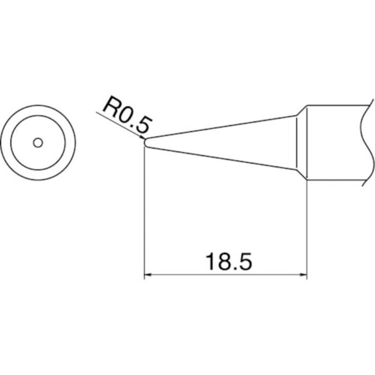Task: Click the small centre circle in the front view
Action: (37, 142)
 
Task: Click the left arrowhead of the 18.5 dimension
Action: (150, 276)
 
